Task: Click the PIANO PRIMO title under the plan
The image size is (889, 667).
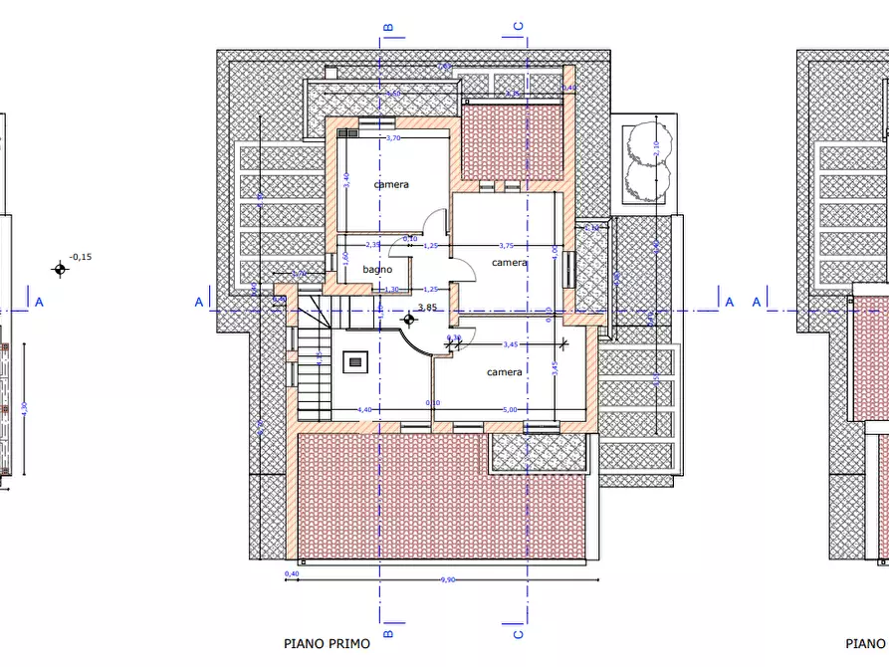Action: tap(327, 644)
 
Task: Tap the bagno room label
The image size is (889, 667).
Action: tap(376, 270)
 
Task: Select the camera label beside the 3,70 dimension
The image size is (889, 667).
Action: tap(391, 185)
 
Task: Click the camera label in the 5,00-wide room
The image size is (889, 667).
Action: tap(505, 372)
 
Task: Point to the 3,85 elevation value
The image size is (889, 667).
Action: tap(428, 308)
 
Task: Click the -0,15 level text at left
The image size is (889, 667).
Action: tap(82, 257)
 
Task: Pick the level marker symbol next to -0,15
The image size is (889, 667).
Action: tap(61, 268)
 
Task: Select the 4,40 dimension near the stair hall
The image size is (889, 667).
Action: tap(364, 409)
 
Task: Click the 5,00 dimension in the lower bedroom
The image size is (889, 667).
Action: tap(509, 409)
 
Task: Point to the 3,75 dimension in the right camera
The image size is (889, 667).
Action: tap(506, 245)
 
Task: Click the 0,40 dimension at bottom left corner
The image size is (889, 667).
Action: tap(292, 574)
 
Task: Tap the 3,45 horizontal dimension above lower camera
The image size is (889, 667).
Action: tap(511, 344)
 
